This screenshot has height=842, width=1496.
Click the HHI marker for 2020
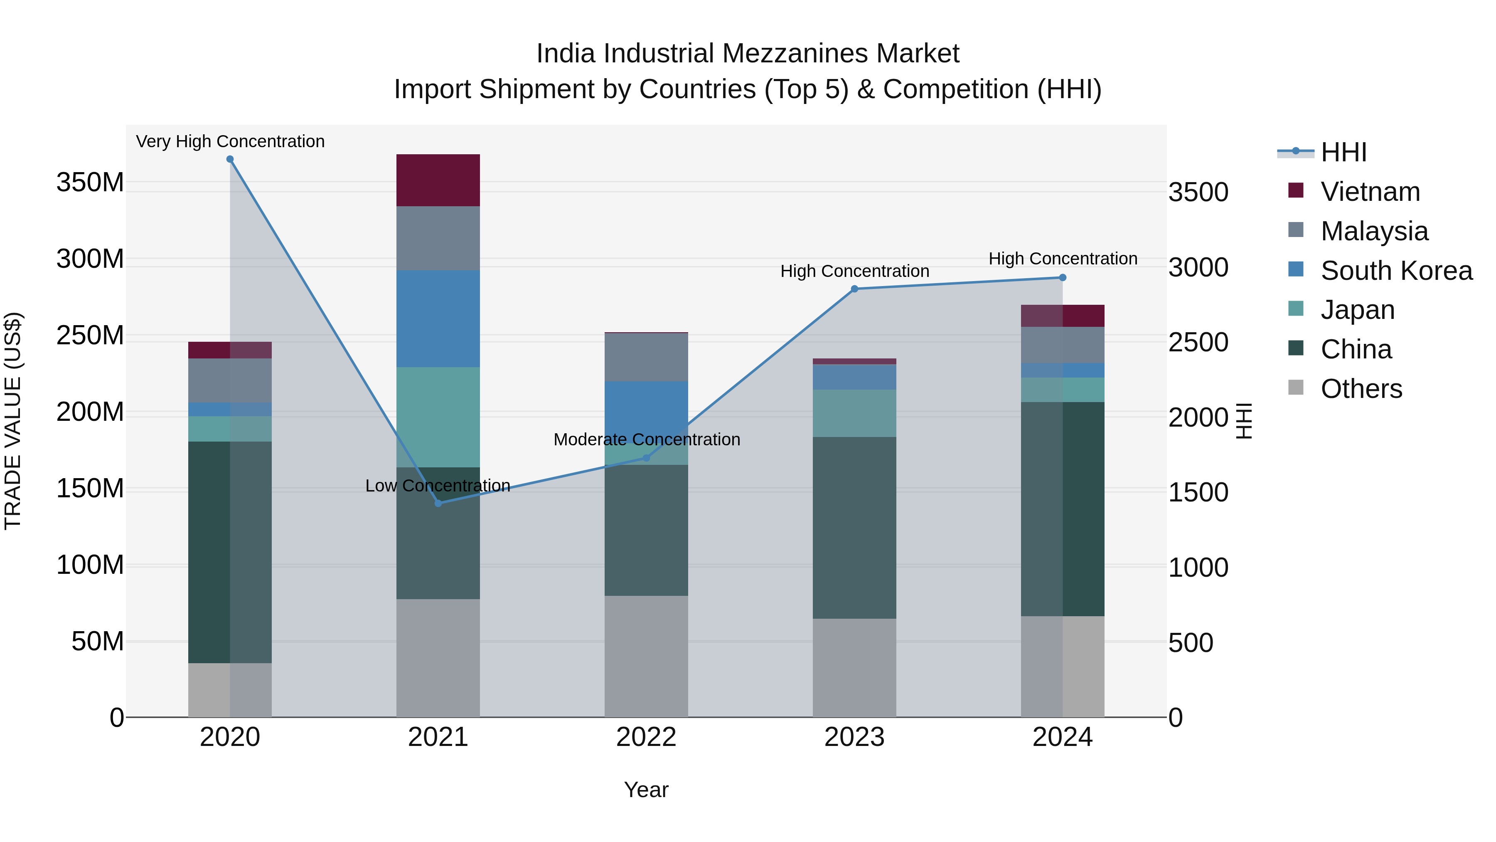[x=230, y=159]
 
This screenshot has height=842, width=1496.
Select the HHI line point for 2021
[x=438, y=503]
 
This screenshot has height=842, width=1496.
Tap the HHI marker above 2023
[x=854, y=289]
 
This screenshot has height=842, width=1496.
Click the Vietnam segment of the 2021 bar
[x=438, y=180]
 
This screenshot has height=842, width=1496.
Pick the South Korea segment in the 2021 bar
[x=438, y=319]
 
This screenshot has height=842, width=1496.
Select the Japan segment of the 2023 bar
[x=854, y=413]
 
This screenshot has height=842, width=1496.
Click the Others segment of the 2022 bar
[x=646, y=656]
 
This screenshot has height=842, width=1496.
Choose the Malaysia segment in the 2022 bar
[x=646, y=357]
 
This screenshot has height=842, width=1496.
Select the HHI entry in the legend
[x=1343, y=152]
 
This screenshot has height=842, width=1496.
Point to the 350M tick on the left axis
[x=90, y=183]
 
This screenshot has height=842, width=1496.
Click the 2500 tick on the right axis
[x=1198, y=342]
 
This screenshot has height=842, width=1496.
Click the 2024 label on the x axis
[x=1062, y=737]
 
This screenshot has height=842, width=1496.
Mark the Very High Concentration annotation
[x=230, y=141]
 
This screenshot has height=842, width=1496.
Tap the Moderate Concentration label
[x=646, y=440]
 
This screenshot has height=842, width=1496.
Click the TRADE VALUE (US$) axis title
[x=13, y=421]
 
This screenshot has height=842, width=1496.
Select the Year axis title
[x=646, y=790]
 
